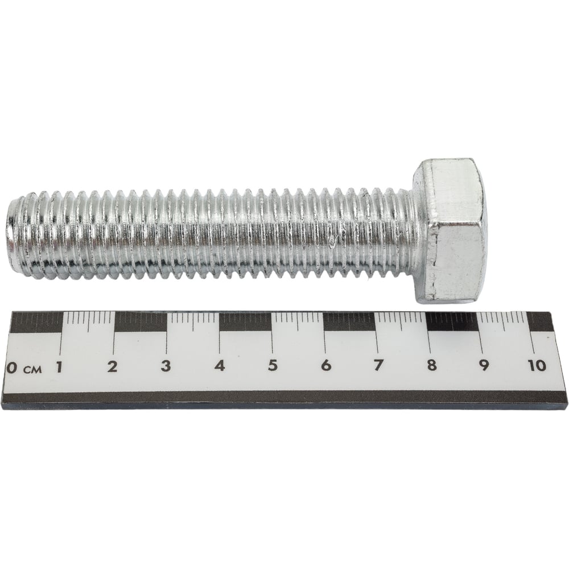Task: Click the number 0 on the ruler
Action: [11, 368]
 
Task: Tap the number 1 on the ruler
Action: [59, 367]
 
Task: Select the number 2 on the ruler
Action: [113, 366]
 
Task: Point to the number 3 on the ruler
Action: [166, 366]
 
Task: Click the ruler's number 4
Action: [220, 365]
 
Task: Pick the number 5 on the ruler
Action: [273, 365]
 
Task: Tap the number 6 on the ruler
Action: [326, 365]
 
